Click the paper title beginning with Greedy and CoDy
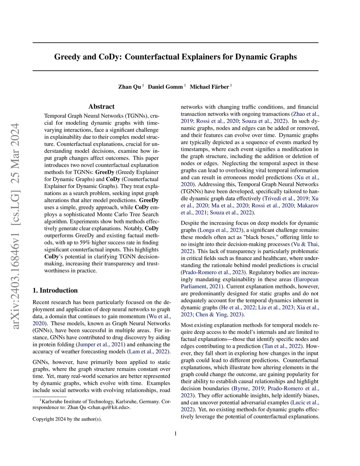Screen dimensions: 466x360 [175, 57]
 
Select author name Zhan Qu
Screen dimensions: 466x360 [129, 87]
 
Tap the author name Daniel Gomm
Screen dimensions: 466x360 [165, 87]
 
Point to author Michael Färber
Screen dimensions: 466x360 [209, 87]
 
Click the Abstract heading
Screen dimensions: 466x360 [101, 107]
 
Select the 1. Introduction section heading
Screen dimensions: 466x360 [55, 291]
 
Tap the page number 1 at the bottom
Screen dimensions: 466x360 [175, 433]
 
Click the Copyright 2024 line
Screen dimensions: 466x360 [67, 419]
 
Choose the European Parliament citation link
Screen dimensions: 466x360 [307, 279]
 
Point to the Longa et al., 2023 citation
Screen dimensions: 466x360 [220, 230]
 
